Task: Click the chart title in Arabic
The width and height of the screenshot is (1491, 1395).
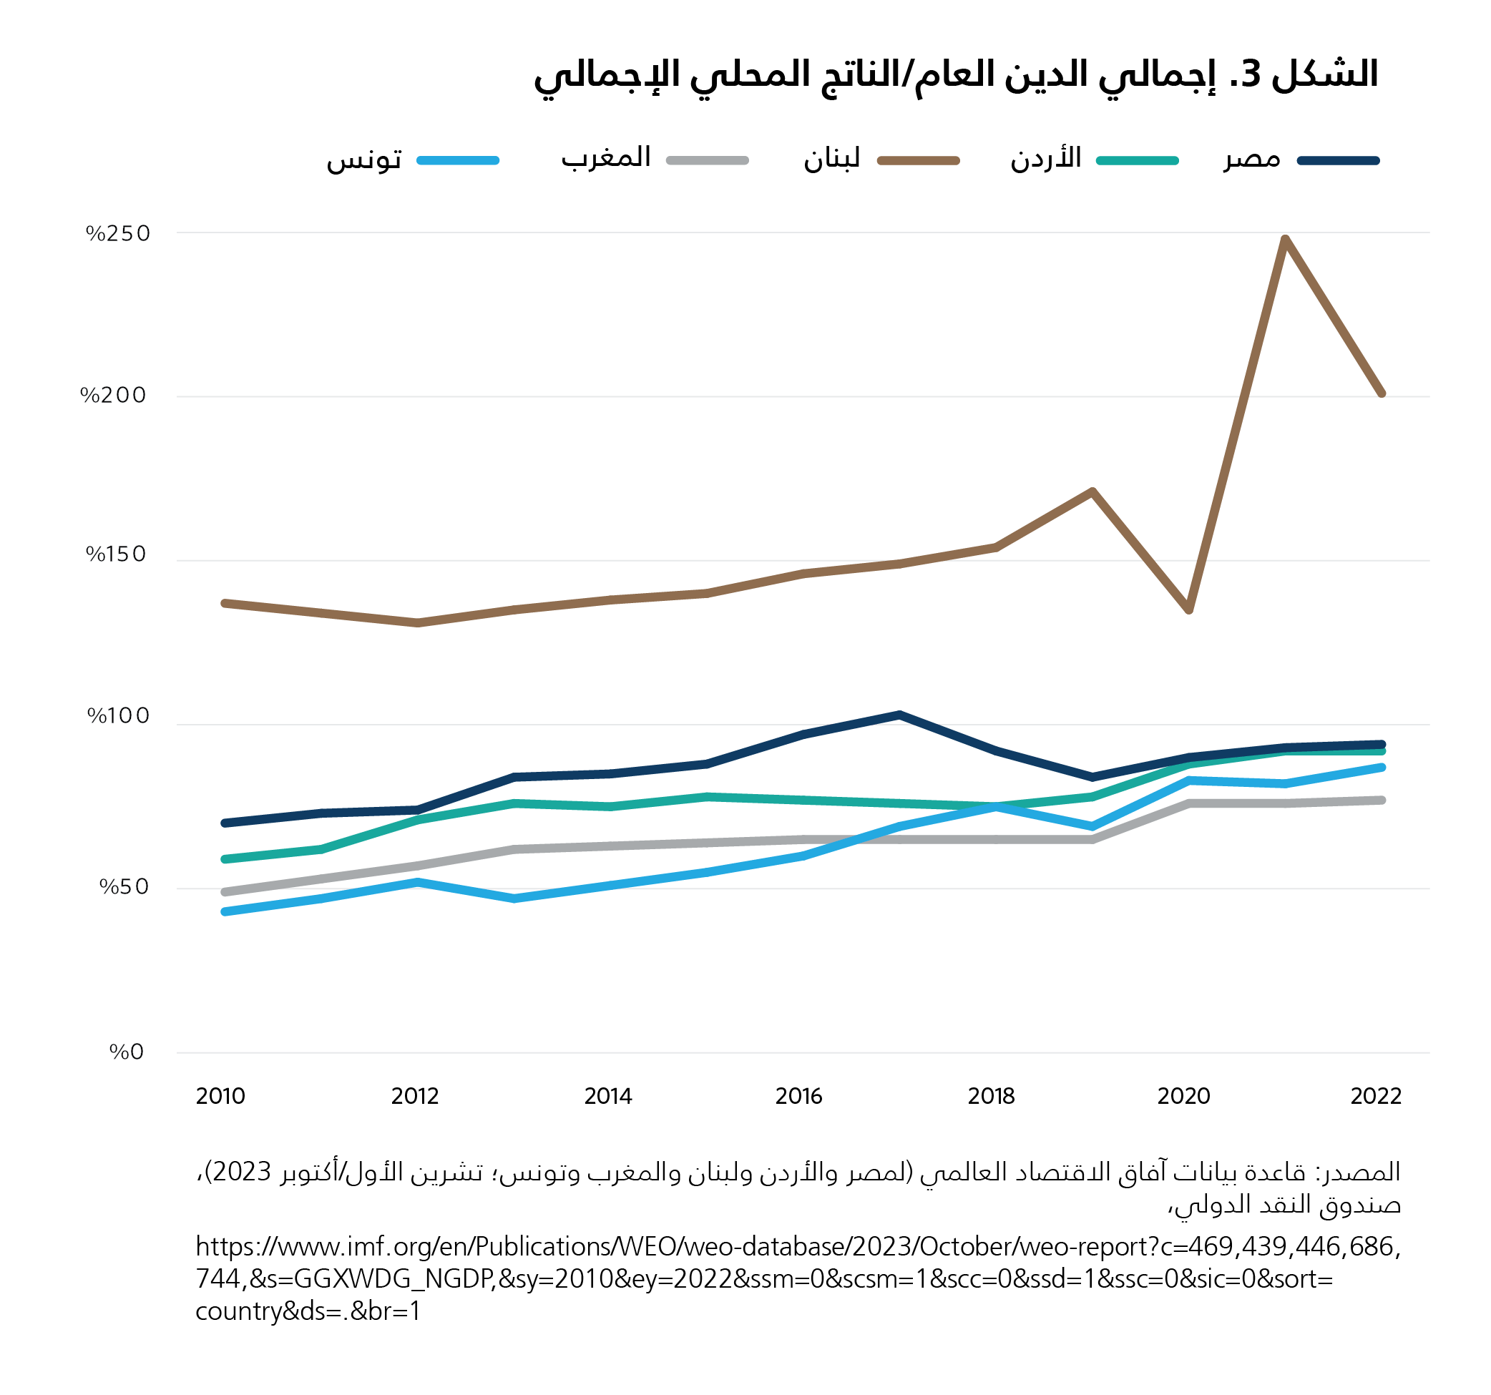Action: tap(956, 75)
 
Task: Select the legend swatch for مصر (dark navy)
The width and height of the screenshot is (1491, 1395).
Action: tap(1338, 160)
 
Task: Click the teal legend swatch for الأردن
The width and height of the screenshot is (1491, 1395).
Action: tap(1137, 160)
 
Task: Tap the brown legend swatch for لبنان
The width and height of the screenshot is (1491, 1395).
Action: tap(918, 160)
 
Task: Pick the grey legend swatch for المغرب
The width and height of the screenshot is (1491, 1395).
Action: tap(708, 160)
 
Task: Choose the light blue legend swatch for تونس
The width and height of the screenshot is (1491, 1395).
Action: tap(457, 160)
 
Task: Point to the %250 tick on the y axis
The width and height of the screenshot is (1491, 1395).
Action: tap(119, 234)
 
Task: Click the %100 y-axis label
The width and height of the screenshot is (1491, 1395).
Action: tap(119, 716)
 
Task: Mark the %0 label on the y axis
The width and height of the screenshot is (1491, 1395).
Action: tap(126, 1052)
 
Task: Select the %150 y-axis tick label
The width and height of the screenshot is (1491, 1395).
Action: tap(116, 554)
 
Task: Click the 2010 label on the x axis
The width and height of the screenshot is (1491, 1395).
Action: tap(220, 1097)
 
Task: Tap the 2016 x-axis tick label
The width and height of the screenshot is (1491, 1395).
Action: tap(798, 1097)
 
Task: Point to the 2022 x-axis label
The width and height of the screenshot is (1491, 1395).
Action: tap(1376, 1097)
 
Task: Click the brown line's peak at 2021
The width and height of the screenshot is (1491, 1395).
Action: tap(1286, 239)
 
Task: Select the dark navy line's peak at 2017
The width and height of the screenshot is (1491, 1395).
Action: tap(899, 715)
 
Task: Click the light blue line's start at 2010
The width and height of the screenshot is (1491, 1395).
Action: tap(225, 911)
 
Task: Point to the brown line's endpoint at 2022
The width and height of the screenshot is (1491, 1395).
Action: tap(1382, 393)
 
